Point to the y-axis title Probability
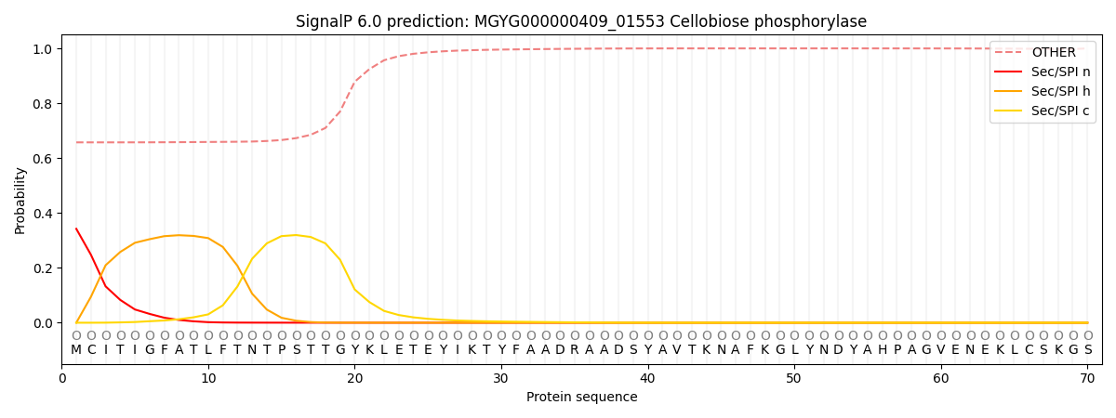click(x=20, y=200)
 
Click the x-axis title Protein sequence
click(x=581, y=397)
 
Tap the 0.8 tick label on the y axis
click(x=42, y=103)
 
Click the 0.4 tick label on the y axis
click(x=42, y=213)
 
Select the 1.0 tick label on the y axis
click(x=42, y=48)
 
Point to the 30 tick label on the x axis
click(x=500, y=378)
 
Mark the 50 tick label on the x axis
click(x=793, y=378)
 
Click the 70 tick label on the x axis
click(x=1087, y=378)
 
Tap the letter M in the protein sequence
click(x=76, y=350)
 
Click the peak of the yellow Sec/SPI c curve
click(x=296, y=235)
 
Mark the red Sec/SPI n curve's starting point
click(x=76, y=229)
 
